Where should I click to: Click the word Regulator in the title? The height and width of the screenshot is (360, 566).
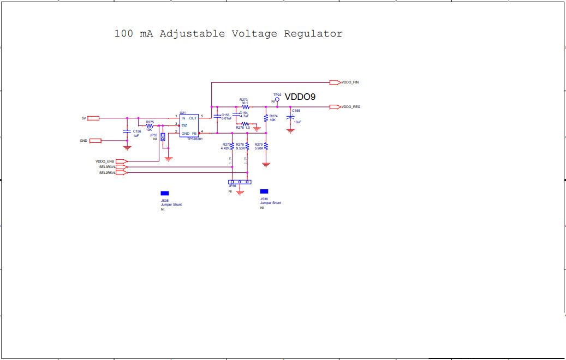point(313,34)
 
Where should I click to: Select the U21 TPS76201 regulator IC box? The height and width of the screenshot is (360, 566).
point(189,125)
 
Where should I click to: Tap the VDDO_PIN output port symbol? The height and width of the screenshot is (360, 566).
point(335,82)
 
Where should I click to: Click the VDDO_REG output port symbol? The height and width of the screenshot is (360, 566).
point(335,107)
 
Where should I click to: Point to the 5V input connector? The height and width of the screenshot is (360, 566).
point(93,118)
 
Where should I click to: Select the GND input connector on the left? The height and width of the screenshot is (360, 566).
point(96,141)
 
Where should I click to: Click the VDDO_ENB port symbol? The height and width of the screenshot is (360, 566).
point(121,161)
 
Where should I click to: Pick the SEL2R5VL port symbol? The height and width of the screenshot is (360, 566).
point(121,173)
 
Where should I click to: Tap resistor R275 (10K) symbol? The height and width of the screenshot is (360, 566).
point(150,125)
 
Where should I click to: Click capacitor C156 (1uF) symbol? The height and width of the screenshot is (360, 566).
point(127,131)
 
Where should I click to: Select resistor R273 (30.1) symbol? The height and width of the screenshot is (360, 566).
point(244,107)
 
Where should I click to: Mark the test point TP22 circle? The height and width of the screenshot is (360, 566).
point(277,100)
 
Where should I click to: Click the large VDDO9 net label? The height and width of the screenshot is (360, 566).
point(300,97)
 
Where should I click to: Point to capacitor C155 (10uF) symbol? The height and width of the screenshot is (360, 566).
point(290,118)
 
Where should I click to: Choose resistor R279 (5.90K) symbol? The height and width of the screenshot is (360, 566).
point(266,146)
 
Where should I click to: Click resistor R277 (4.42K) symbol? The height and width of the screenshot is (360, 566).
point(233,146)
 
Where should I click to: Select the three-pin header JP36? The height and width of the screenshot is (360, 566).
point(240,182)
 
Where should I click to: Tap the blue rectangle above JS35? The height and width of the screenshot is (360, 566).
point(164,193)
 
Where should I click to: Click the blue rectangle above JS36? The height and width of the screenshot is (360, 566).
point(264,191)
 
